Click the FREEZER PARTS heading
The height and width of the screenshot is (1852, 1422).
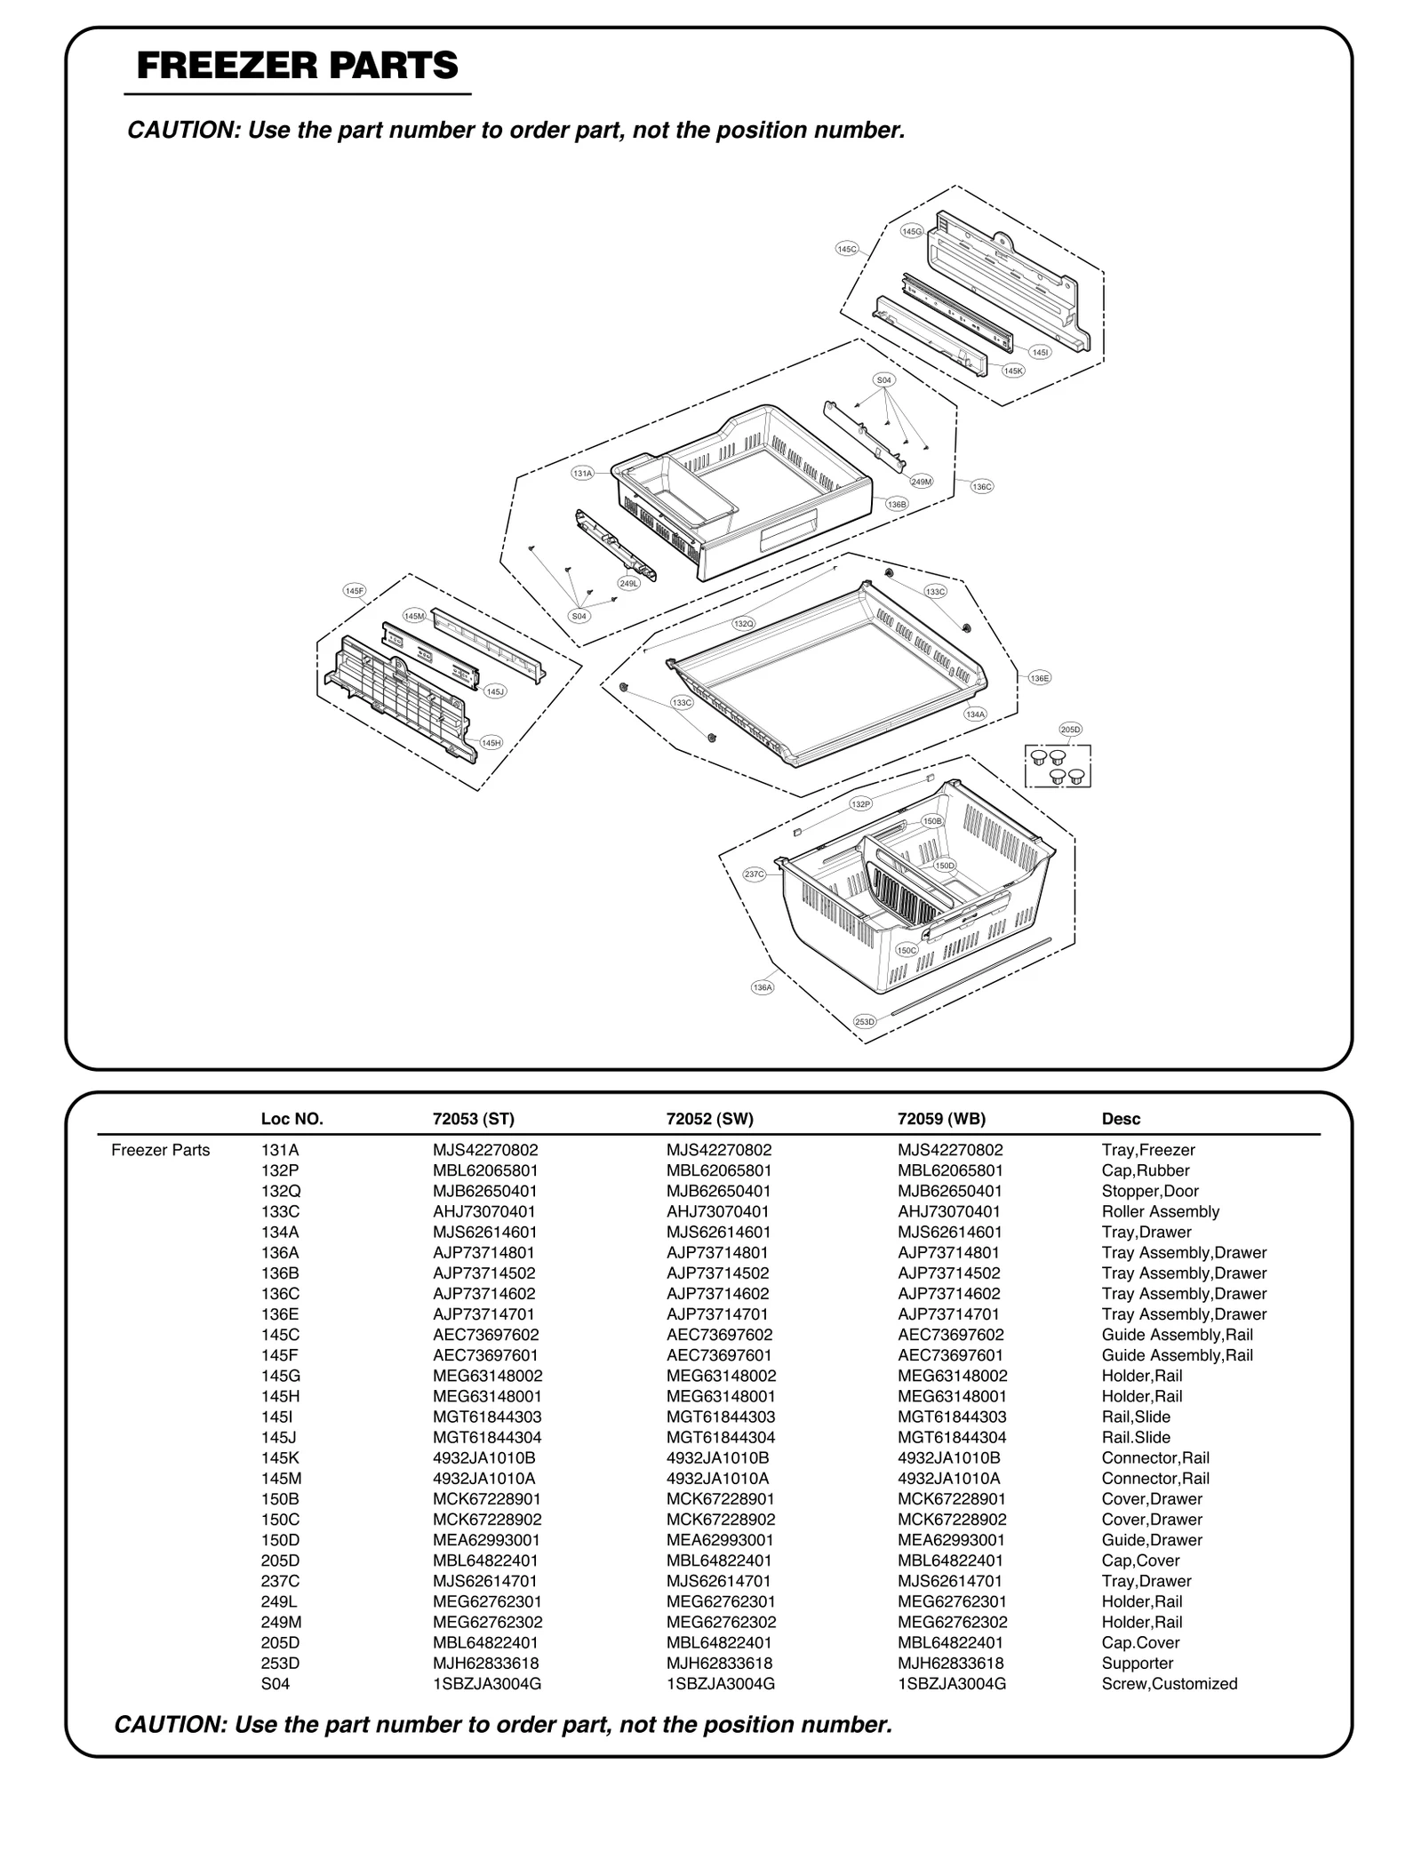coord(297,66)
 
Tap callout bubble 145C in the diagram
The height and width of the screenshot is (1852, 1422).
coord(847,250)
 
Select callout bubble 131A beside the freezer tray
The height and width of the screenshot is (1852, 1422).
coord(582,474)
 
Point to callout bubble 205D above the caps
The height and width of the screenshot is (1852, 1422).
coord(1071,730)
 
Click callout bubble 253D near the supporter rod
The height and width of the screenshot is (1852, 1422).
coord(865,1022)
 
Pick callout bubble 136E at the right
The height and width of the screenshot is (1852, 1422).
coord(1040,678)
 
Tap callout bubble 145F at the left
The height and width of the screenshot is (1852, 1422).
coord(355,590)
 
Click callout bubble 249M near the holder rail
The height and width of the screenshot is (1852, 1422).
coord(922,482)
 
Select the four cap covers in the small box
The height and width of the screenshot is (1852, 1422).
coord(1058,767)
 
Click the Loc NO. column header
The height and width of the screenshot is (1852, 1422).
coord(292,1119)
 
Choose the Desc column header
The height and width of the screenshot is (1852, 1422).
coord(1121,1119)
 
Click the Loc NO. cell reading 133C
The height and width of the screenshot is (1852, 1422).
coord(280,1211)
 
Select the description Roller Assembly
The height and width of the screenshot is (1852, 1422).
coord(1160,1211)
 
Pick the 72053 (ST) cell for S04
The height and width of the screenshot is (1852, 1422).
coord(486,1683)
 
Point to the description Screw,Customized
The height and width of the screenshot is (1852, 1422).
coord(1169,1683)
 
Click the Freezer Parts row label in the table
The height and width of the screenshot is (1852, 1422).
coord(161,1150)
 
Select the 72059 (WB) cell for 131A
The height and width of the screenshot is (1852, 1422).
coord(949,1150)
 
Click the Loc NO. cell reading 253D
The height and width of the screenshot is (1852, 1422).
coord(280,1663)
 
